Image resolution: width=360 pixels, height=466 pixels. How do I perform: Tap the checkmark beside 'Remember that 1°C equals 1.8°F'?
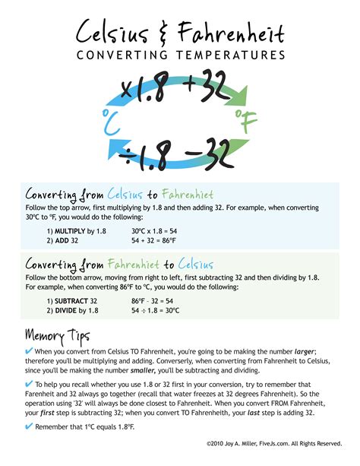pos(30,426)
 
